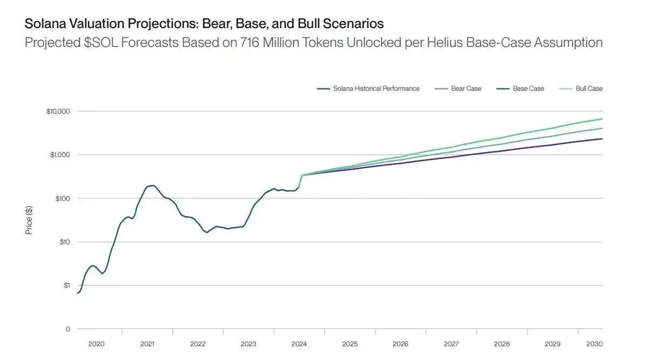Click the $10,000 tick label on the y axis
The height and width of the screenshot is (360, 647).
[x=59, y=112]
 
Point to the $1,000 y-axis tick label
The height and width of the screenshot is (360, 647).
[x=60, y=155]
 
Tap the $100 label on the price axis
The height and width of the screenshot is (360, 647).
[x=62, y=199]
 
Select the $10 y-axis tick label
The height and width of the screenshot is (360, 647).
[x=64, y=242]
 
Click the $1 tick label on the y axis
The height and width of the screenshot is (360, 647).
[x=66, y=286]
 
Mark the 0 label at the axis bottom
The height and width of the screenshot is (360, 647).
[x=67, y=329]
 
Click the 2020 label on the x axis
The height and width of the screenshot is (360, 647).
[x=97, y=344]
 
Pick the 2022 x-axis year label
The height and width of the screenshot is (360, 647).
[x=198, y=344]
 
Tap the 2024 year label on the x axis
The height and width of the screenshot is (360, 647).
[x=299, y=344]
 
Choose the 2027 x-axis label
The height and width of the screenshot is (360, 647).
[x=451, y=344]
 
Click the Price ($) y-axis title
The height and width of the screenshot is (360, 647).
[x=29, y=220]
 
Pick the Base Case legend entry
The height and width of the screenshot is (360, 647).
[x=528, y=88]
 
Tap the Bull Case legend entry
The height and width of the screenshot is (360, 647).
[x=589, y=88]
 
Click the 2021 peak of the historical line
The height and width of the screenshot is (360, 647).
[x=152, y=186]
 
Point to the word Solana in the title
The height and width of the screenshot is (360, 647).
[x=43, y=24]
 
